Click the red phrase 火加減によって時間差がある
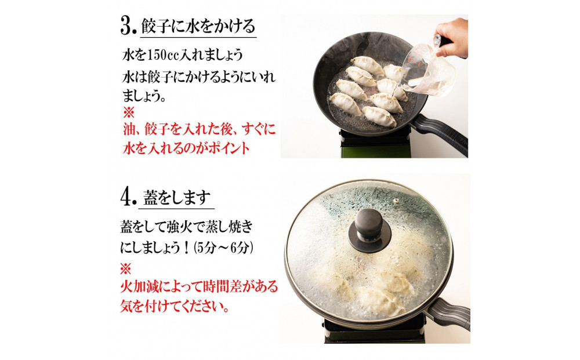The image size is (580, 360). (199, 286)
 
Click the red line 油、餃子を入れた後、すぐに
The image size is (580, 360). (198, 129)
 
